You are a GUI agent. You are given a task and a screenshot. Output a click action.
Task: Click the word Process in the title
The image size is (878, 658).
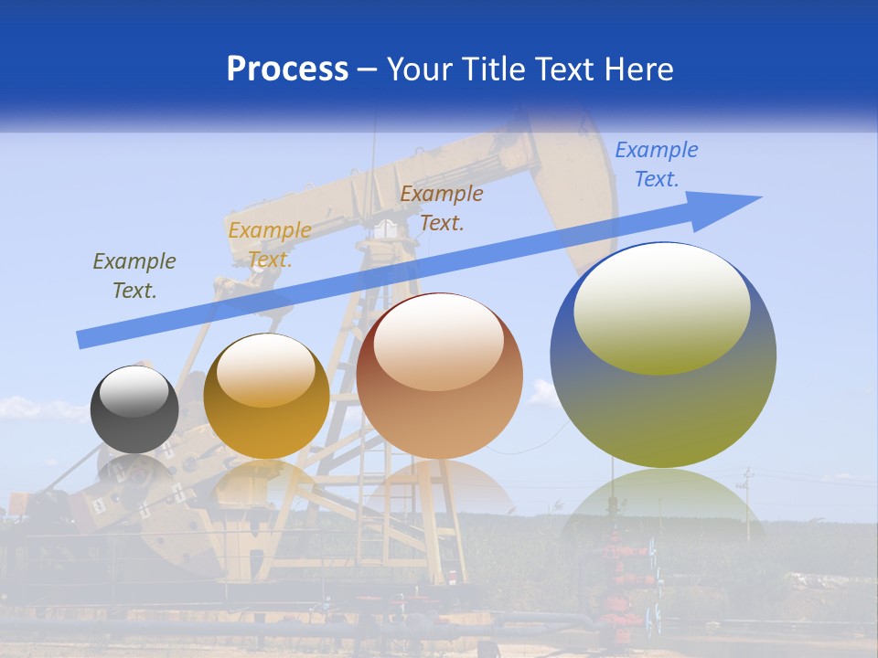point(287,69)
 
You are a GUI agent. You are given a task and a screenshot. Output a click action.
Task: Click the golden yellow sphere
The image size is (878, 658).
point(266,396)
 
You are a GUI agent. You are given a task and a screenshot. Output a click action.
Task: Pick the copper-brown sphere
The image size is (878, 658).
point(439,376)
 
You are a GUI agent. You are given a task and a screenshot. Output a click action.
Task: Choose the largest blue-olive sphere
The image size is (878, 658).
point(663,355)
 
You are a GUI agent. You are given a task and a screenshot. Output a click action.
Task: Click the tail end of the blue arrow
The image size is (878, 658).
point(80,340)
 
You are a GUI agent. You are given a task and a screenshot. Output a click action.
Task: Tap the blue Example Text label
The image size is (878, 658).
point(657,164)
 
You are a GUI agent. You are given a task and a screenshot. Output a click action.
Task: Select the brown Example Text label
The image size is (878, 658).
point(442,207)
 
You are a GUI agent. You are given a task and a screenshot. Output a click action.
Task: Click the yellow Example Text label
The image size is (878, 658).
point(270,245)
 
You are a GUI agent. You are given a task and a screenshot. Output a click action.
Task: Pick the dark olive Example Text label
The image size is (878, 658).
point(134,275)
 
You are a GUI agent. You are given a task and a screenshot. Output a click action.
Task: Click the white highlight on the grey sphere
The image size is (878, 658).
point(134,392)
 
